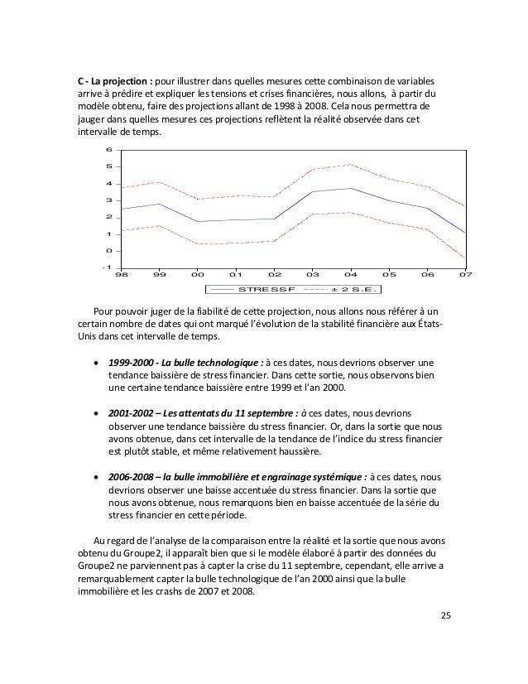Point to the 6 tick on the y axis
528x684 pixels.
click(x=108, y=150)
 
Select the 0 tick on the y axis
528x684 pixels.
click(x=108, y=251)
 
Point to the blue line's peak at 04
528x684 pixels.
click(x=351, y=188)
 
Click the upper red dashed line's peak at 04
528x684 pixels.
click(x=351, y=164)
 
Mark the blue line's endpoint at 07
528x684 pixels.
click(x=466, y=233)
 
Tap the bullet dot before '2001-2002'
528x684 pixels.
click(x=99, y=412)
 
